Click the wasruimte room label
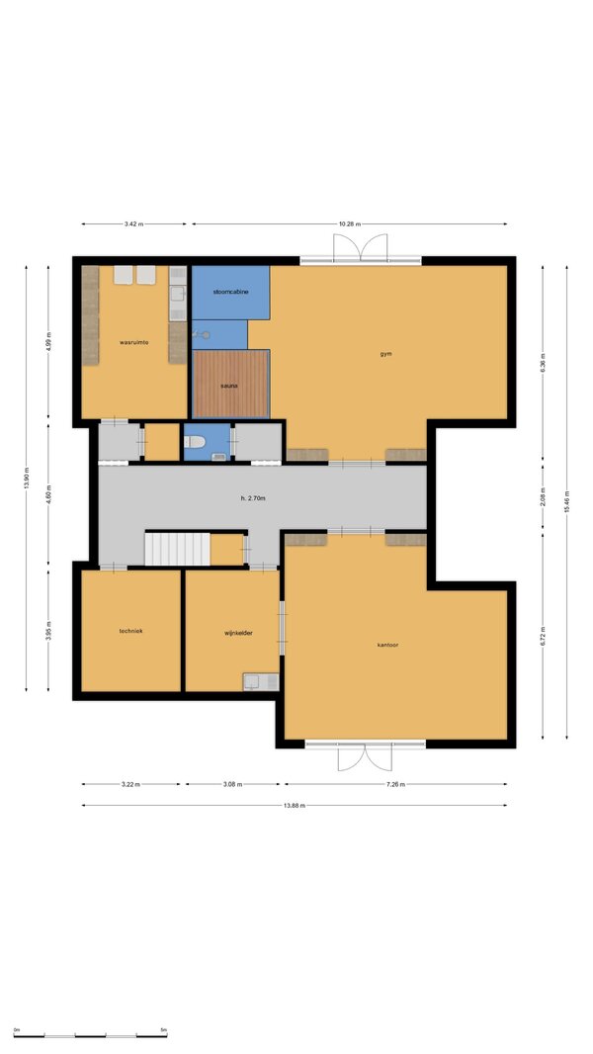coord(133,342)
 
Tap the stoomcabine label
coord(231,292)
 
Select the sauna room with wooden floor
coord(231,384)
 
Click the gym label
coord(385,354)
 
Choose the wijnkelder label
coord(238,633)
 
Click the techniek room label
coord(131,631)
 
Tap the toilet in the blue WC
coord(194,442)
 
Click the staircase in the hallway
coord(178,549)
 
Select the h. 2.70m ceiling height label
coord(254,498)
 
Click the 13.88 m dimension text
coord(295,805)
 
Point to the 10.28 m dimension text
coord(349,223)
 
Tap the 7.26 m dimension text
coord(395,784)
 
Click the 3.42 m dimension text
coord(133,223)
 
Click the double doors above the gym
coord(361,247)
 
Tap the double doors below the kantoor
coord(365,757)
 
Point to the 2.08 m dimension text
coord(543,499)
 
